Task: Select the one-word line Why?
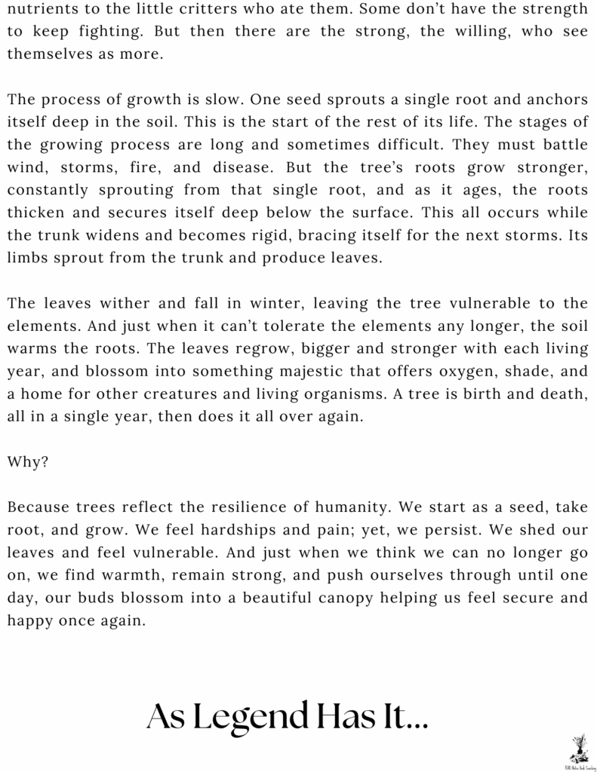28,462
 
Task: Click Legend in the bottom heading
257,715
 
